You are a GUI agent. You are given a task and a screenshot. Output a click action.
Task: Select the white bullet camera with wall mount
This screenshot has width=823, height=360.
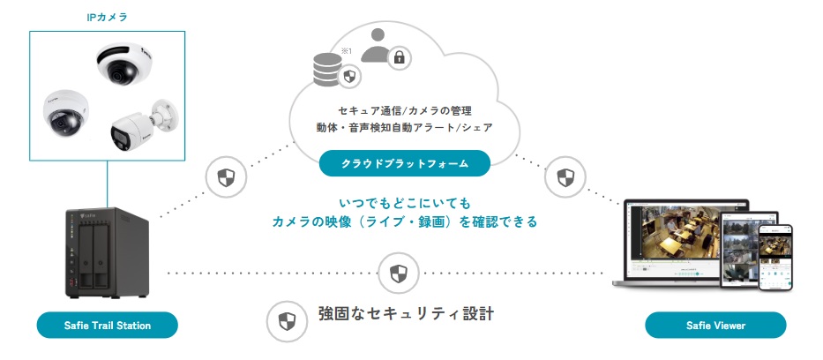140,125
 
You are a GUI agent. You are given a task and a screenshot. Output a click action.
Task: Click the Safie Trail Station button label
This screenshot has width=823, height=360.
108,326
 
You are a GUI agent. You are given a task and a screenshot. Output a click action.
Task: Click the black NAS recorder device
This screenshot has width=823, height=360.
106,252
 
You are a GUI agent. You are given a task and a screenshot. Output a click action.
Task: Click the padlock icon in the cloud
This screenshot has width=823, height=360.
399,58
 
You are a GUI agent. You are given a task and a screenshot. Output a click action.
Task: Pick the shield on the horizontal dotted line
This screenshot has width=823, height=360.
393,271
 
